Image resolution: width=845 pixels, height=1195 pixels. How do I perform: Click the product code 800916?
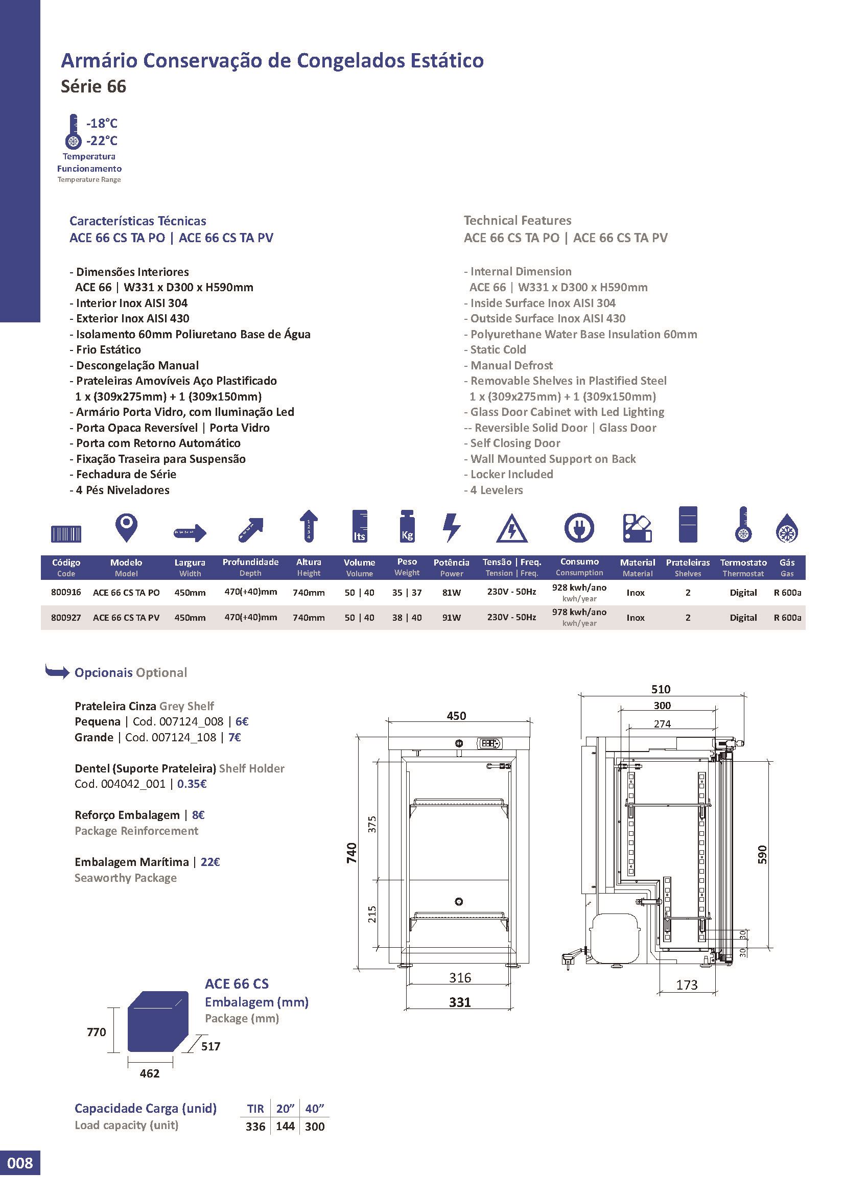point(66,592)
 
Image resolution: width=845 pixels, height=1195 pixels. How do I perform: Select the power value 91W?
point(451,617)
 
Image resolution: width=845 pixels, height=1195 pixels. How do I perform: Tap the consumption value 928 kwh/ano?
point(579,588)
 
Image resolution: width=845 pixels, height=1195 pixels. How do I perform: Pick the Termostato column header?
point(743,562)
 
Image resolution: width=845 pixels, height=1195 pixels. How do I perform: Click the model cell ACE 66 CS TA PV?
point(126,617)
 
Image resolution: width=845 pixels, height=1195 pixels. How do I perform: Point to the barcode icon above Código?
point(66,534)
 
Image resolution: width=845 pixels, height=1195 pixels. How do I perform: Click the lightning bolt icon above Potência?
point(451,528)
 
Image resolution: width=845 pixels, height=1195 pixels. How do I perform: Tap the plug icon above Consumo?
point(579,528)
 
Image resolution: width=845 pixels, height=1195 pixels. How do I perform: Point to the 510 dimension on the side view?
point(661,689)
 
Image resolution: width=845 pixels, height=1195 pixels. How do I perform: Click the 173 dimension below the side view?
point(687,985)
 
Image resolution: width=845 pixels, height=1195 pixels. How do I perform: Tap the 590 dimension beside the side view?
point(762,854)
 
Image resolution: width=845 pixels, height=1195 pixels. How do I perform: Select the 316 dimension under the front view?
point(460,977)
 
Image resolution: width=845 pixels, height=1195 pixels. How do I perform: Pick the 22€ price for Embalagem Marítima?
point(210,862)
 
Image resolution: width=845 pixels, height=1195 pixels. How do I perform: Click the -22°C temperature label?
point(102,141)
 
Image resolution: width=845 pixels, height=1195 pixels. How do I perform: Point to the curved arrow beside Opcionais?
point(57,672)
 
